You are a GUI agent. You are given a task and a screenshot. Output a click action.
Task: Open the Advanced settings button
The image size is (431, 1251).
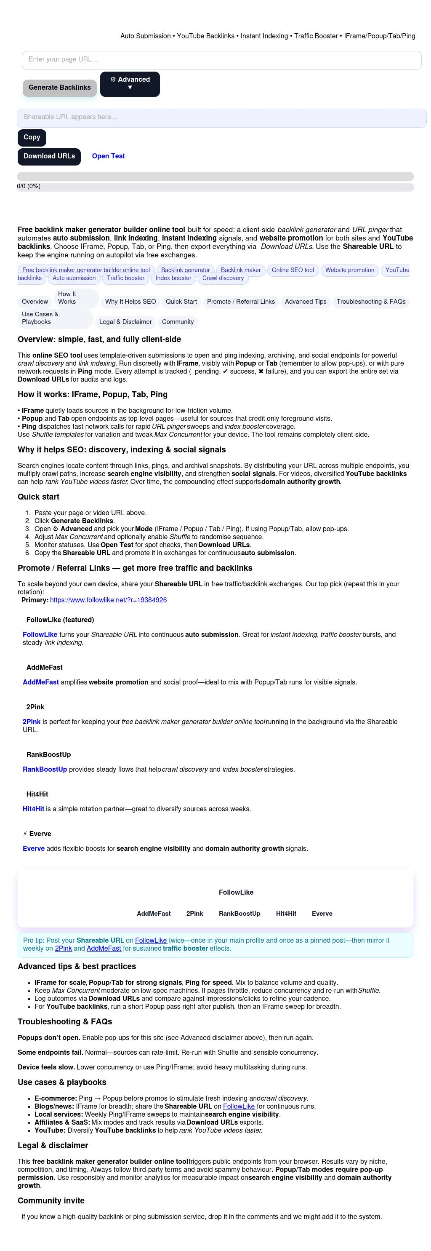click(x=130, y=83)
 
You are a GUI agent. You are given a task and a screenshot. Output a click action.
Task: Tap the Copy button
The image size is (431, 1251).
click(x=32, y=137)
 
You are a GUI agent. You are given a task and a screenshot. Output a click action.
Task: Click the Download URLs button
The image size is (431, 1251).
click(x=49, y=156)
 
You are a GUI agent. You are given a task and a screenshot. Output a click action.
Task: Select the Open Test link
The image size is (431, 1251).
click(x=108, y=156)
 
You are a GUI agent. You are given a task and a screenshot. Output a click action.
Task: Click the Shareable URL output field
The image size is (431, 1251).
click(x=221, y=118)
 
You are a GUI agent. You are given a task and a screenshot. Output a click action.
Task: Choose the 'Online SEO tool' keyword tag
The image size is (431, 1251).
click(x=293, y=270)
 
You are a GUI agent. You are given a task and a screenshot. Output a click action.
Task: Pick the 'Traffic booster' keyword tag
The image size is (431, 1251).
click(x=126, y=278)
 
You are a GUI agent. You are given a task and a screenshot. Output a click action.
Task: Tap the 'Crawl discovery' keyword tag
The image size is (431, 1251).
click(x=223, y=278)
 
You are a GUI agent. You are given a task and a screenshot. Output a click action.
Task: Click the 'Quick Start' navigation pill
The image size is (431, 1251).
click(x=181, y=302)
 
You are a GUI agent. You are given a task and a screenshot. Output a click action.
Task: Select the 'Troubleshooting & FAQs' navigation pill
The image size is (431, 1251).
click(x=371, y=302)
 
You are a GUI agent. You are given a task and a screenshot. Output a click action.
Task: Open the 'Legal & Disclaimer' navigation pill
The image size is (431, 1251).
click(x=125, y=322)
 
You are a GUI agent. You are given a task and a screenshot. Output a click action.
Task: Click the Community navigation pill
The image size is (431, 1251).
click(x=178, y=322)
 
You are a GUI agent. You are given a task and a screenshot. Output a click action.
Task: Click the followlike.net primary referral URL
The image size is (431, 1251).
click(x=108, y=600)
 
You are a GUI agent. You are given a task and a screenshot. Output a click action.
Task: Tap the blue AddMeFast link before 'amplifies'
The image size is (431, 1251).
click(x=41, y=682)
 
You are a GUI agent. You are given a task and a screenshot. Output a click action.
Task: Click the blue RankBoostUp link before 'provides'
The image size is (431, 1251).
click(x=45, y=769)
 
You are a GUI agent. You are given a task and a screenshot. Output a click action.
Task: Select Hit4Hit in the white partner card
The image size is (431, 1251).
click(x=286, y=914)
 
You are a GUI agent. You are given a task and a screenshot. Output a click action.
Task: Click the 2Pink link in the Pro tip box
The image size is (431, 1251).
click(x=63, y=949)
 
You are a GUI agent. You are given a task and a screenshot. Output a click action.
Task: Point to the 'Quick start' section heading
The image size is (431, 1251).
click(x=38, y=497)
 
